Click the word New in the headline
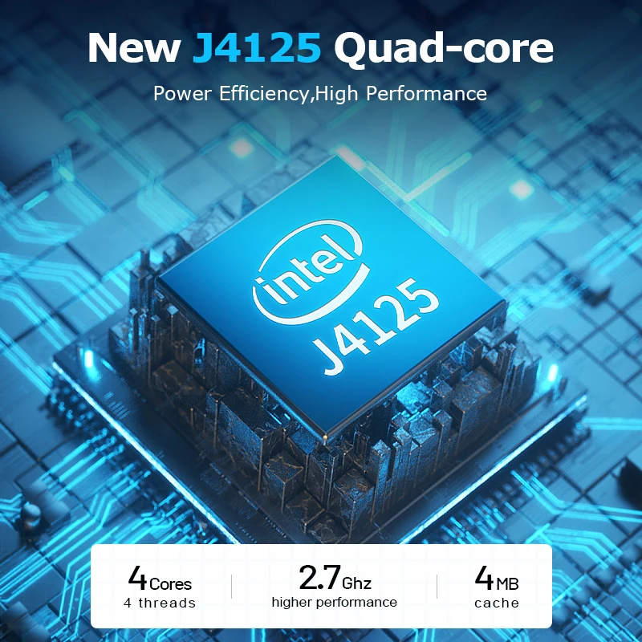click(x=134, y=47)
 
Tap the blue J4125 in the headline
click(x=257, y=47)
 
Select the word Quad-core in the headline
click(x=444, y=49)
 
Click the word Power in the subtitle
click(x=182, y=94)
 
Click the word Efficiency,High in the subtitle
click(x=288, y=94)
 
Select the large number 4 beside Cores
click(x=137, y=578)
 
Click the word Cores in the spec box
click(x=170, y=584)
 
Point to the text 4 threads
click(x=160, y=603)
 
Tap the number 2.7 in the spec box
click(x=319, y=577)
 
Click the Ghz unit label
click(x=356, y=583)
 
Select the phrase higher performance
click(x=334, y=603)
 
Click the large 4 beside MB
click(x=484, y=578)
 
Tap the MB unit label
click(x=507, y=584)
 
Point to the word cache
click(x=497, y=603)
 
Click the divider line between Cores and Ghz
click(x=231, y=587)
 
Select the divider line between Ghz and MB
click(x=437, y=587)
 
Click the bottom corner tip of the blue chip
click(x=325, y=437)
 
